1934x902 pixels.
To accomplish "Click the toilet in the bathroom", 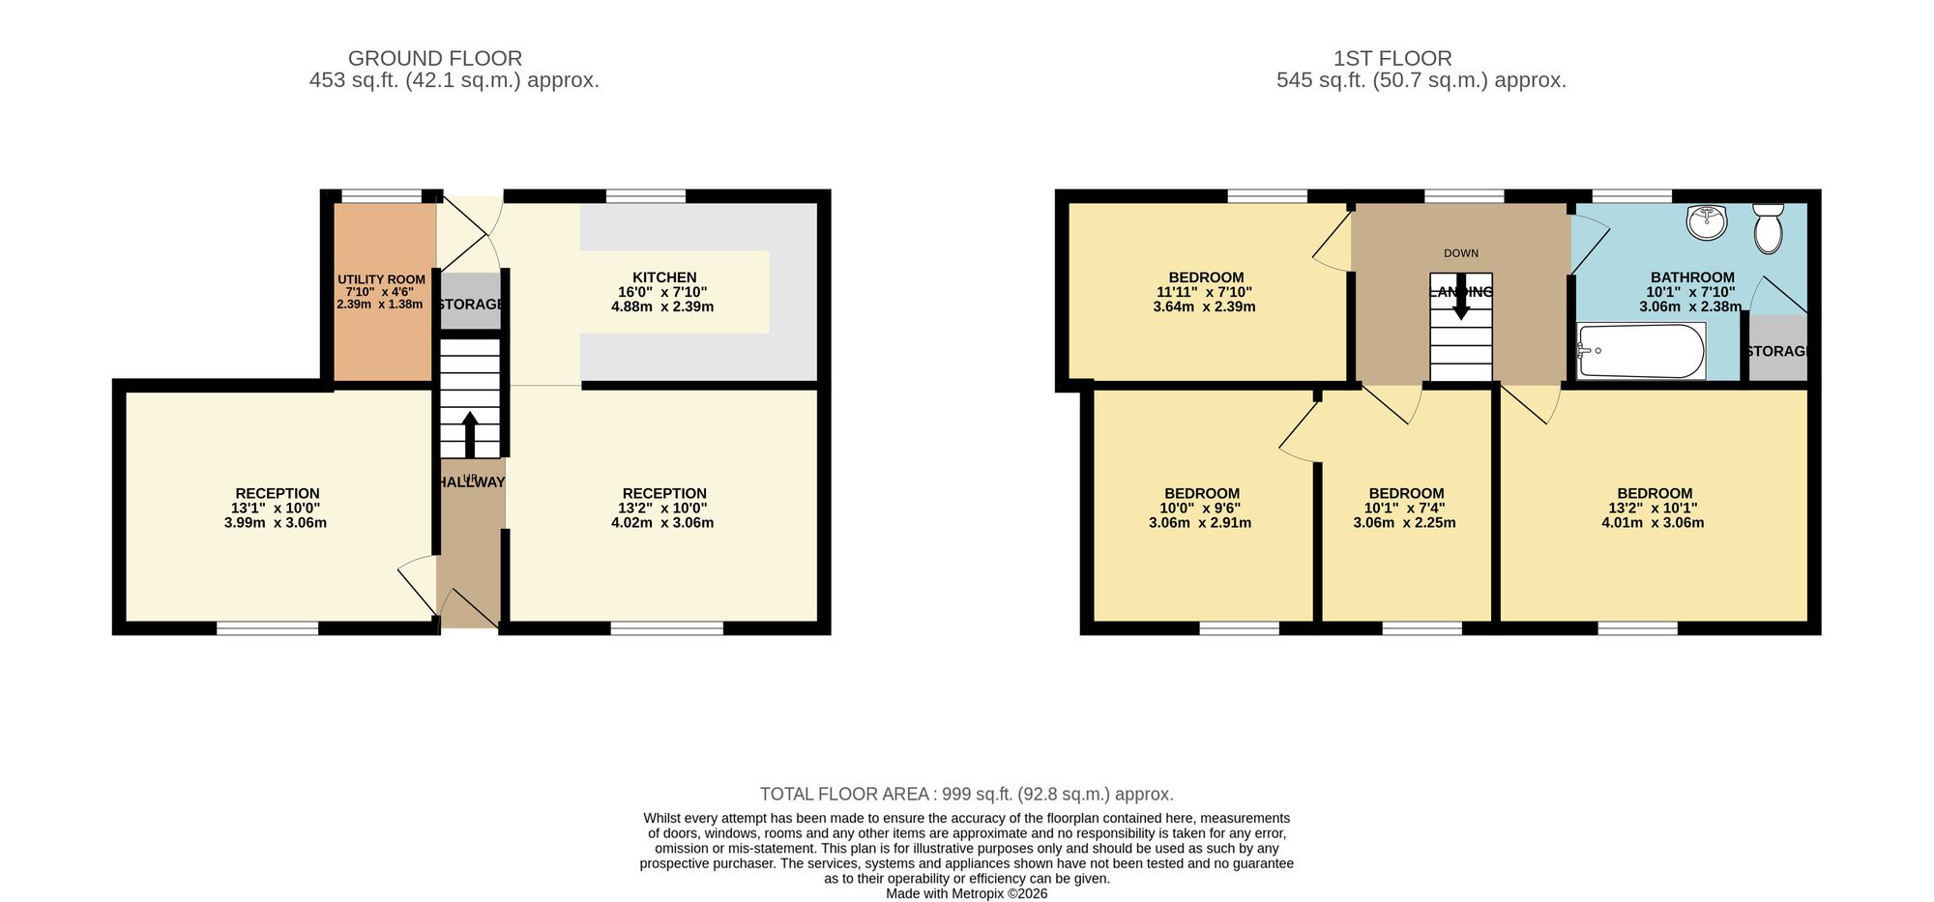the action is (1769, 228).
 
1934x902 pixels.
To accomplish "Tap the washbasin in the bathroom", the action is (1707, 222).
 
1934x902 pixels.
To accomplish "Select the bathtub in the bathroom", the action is (1641, 351).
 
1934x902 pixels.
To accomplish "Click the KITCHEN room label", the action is (664, 277).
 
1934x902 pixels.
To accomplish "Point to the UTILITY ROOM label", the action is (381, 279).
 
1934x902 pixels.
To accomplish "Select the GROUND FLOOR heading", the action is (435, 59).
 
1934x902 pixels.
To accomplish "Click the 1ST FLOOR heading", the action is (1392, 59).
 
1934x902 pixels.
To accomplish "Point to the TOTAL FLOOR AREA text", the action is (967, 794).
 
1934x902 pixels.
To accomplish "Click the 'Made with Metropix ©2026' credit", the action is (967, 894).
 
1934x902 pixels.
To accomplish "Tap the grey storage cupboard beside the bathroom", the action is (1776, 348).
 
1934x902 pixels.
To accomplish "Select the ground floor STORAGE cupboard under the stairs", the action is (470, 302).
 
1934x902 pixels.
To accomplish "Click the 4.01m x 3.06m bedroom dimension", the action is (1653, 523).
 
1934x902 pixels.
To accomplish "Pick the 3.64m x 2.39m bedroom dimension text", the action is (1205, 307).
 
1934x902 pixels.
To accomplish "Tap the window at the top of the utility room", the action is (382, 196).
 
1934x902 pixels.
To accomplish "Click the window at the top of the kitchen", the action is (646, 196).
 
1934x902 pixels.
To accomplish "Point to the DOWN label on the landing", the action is (1461, 253).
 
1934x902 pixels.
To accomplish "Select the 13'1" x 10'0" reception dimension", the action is (276, 509).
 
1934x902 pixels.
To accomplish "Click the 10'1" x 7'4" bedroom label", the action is (1405, 509).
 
